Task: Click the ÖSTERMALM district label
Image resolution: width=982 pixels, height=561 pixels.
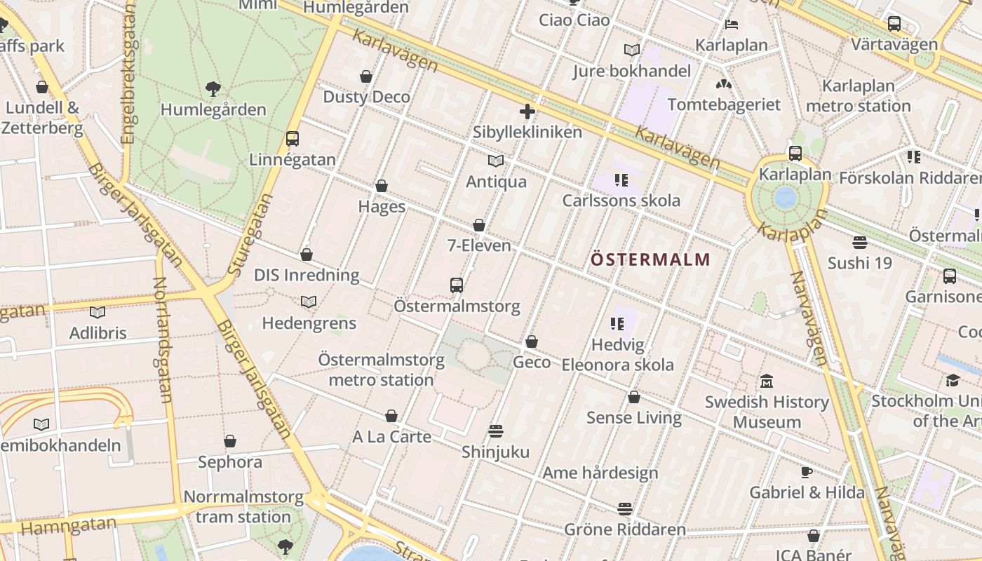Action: click(650, 259)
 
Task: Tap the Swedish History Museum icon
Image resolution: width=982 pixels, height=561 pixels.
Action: click(767, 381)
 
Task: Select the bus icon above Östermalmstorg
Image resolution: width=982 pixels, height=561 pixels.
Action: click(457, 285)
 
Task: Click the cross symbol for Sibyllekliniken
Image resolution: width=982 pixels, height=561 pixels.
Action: click(527, 111)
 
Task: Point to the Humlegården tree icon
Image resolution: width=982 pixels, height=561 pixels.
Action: click(213, 89)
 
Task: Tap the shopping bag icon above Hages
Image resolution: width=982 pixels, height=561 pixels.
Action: click(382, 186)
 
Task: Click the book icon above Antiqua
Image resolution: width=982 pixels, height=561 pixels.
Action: click(496, 161)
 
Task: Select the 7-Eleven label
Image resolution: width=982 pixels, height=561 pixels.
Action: click(479, 246)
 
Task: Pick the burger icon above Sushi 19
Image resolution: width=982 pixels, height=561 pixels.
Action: click(860, 243)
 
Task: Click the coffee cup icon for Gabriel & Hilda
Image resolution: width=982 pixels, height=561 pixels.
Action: click(807, 472)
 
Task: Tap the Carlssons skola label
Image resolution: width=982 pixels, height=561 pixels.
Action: click(621, 201)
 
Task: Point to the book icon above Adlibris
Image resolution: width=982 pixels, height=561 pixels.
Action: click(97, 312)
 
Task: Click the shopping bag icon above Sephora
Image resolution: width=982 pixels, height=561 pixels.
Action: click(230, 441)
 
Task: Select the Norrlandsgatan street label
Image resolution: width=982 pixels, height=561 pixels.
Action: click(163, 339)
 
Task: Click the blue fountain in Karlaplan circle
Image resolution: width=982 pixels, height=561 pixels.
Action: click(786, 196)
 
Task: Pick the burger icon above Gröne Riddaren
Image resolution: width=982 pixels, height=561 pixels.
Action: click(625, 508)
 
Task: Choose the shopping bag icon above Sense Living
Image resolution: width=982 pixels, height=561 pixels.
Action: click(634, 397)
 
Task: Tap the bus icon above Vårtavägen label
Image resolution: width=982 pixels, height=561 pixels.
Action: click(894, 24)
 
